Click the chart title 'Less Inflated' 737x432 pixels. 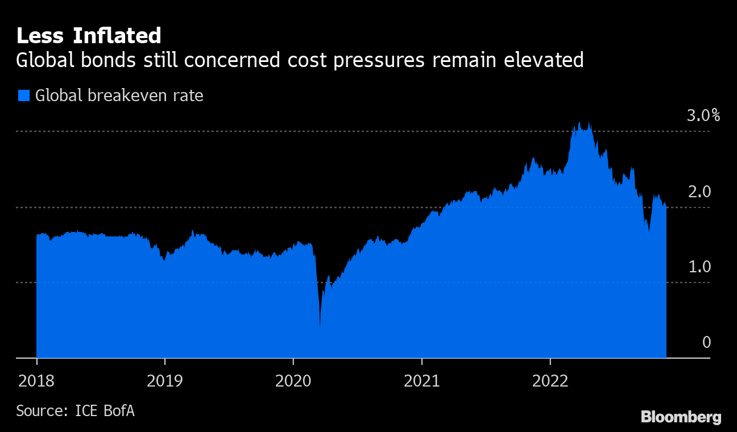click(89, 36)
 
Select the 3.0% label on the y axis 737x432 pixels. click(703, 116)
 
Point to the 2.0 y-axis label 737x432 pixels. click(699, 192)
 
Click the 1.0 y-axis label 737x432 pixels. click(699, 267)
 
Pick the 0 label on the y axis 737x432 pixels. click(706, 342)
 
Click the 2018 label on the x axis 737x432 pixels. click(36, 380)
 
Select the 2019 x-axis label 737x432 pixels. click(165, 380)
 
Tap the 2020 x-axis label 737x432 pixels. click(293, 380)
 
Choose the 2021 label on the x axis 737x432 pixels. click(421, 380)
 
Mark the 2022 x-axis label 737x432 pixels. click(550, 380)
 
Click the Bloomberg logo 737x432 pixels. click(681, 417)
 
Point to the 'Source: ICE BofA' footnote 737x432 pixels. click(75, 410)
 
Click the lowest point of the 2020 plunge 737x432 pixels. click(320, 326)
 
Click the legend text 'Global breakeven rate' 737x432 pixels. click(119, 95)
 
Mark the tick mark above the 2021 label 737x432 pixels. click(421, 362)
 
